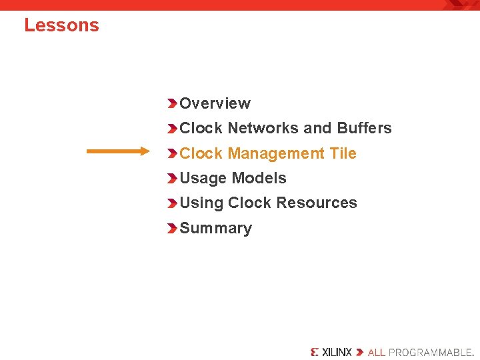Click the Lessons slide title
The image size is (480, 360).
pyautogui.click(x=61, y=25)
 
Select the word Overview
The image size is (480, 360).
pyautogui.click(x=215, y=103)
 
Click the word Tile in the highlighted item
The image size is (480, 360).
pyautogui.click(x=343, y=153)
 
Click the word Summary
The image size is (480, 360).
pyautogui.click(x=215, y=228)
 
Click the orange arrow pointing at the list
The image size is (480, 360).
pyautogui.click(x=119, y=152)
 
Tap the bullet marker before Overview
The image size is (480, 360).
pyautogui.click(x=172, y=103)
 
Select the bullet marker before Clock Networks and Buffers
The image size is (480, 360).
pyautogui.click(x=172, y=128)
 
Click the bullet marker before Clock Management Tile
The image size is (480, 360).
pyautogui.click(x=172, y=153)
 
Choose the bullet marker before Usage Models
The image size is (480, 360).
pyautogui.click(x=172, y=178)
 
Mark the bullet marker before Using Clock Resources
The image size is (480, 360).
pyautogui.click(x=172, y=203)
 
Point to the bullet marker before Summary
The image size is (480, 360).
pyautogui.click(x=172, y=228)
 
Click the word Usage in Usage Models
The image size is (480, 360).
pyautogui.click(x=202, y=178)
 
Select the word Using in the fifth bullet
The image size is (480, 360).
pyautogui.click(x=201, y=203)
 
